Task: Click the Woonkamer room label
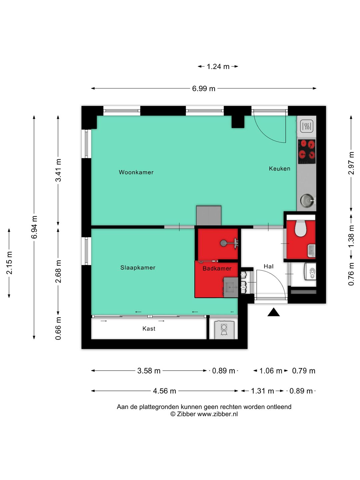pyautogui.click(x=136, y=172)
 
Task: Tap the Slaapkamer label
pyautogui.click(x=138, y=268)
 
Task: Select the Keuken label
pyautogui.click(x=280, y=169)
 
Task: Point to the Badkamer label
pyautogui.click(x=217, y=269)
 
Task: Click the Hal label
pyautogui.click(x=269, y=266)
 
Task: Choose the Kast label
pyautogui.click(x=149, y=329)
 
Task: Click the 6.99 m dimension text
pyautogui.click(x=203, y=89)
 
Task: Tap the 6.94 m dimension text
pyautogui.click(x=34, y=227)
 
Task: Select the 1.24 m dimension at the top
pyautogui.click(x=218, y=66)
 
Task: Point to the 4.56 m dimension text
pyautogui.click(x=164, y=391)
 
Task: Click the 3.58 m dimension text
pyautogui.click(x=149, y=371)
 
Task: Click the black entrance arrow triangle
pyautogui.click(x=273, y=312)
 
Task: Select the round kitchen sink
pyautogui.click(x=306, y=200)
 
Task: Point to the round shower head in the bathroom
pyautogui.click(x=223, y=243)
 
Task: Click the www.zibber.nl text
pyautogui.click(x=217, y=414)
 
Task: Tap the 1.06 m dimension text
pyautogui.click(x=271, y=371)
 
